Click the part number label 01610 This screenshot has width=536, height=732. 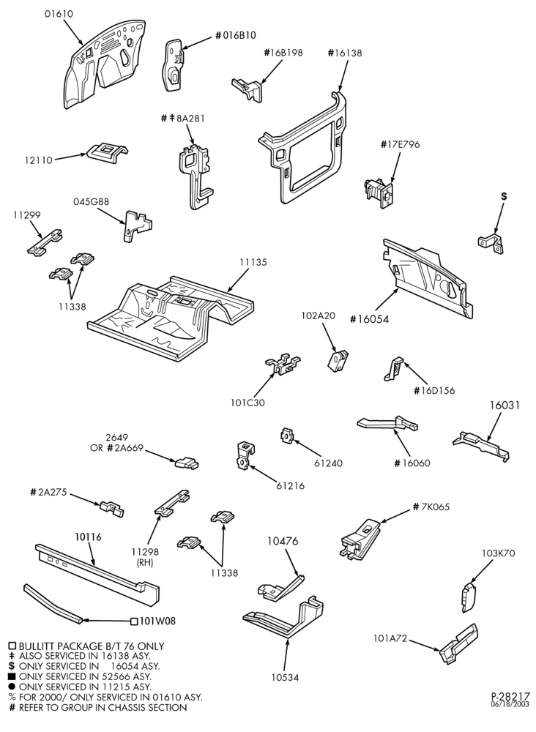pyautogui.click(x=59, y=14)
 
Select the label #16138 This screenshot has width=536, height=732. pyautogui.click(x=345, y=53)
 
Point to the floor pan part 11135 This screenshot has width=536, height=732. pyautogui.click(x=171, y=318)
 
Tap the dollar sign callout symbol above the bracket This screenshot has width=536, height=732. pyautogui.click(x=504, y=196)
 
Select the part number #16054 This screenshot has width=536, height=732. pyautogui.click(x=369, y=319)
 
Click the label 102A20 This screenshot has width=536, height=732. pyautogui.click(x=318, y=315)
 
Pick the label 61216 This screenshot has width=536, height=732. pyautogui.click(x=290, y=486)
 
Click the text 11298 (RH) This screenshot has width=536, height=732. pyautogui.click(x=146, y=557)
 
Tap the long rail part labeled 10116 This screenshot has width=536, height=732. pyautogui.click(x=98, y=574)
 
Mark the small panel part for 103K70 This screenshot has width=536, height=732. pyautogui.click(x=469, y=597)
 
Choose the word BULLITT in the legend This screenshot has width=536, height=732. pyautogui.click(x=39, y=646)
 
